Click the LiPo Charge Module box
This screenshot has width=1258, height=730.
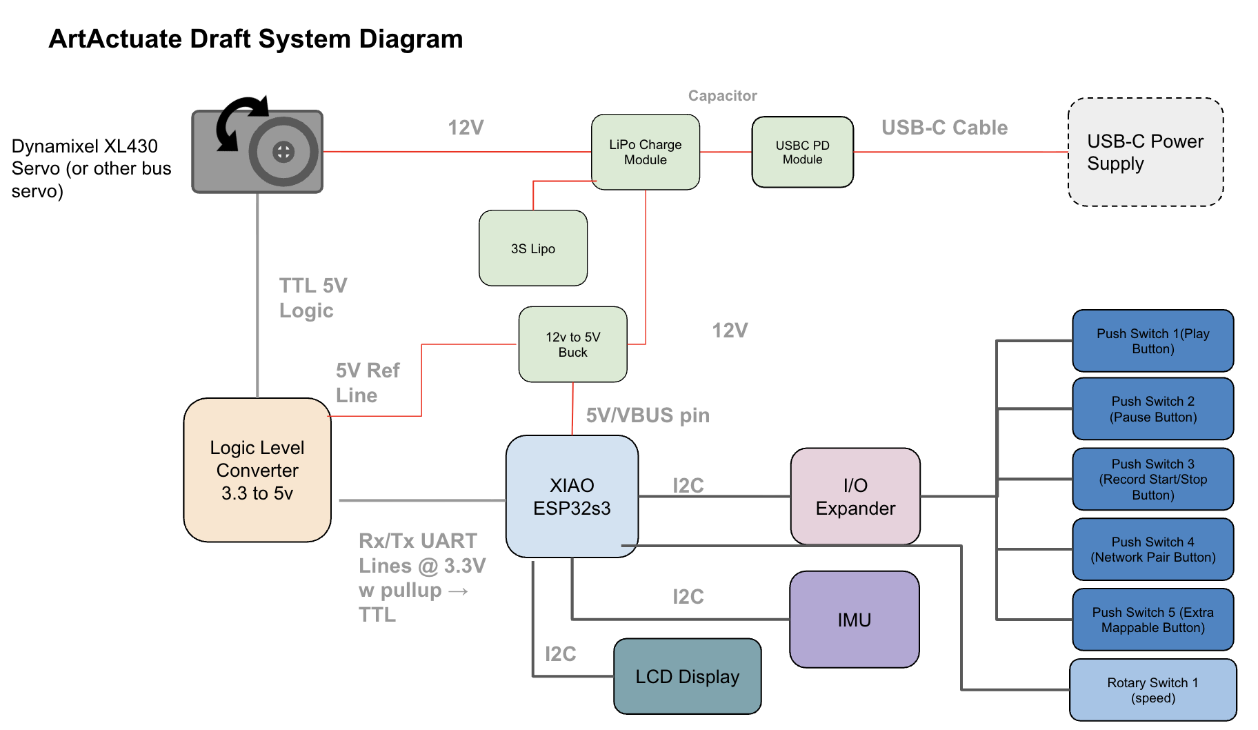pos(645,152)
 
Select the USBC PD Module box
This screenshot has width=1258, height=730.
pos(802,152)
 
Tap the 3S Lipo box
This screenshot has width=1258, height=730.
pos(532,248)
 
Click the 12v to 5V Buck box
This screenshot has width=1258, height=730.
pos(572,344)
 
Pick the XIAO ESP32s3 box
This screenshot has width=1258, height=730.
pos(572,496)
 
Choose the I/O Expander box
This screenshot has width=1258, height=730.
pos(855,496)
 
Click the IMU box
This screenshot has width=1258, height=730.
pos(854,619)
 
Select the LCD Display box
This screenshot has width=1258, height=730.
pos(687,676)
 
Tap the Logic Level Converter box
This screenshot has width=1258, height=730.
pos(257,470)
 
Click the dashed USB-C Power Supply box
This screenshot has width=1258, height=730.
pos(1146,152)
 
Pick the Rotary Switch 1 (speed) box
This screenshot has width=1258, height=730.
pos(1152,690)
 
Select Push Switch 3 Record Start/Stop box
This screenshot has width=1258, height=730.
pos(1152,479)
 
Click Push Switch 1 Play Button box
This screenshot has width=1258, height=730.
pos(1152,341)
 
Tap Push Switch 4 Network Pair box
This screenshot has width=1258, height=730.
pos(1152,549)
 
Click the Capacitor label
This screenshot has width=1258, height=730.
pos(722,96)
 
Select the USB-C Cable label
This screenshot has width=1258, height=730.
pos(944,128)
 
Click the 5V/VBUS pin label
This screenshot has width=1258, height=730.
pos(648,415)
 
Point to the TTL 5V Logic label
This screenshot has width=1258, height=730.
pos(312,297)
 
